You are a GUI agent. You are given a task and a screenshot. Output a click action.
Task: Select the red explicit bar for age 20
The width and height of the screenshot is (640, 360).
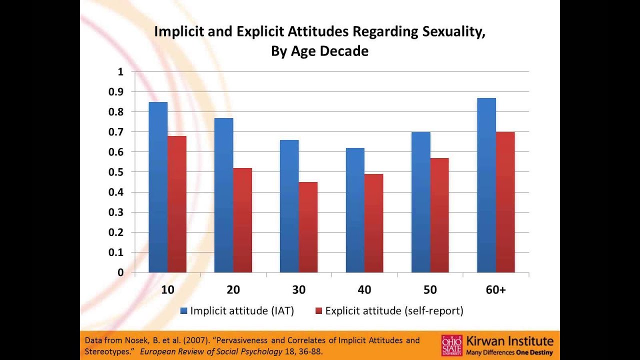point(242,220)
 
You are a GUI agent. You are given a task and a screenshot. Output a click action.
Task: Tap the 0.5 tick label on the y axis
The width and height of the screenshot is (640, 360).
point(116,172)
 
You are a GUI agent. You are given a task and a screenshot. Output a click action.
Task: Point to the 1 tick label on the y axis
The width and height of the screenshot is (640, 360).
point(120,71)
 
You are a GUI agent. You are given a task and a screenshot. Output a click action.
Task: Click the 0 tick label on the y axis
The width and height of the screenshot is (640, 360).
point(120,272)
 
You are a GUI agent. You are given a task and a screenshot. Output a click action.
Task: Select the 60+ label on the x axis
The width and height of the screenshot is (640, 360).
point(495,290)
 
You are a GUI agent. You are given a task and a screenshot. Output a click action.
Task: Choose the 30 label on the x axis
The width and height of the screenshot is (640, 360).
point(298,290)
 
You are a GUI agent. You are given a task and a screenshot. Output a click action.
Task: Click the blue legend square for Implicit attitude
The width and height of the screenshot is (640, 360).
point(184,311)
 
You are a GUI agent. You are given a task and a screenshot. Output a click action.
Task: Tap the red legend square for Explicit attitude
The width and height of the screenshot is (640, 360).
point(318,311)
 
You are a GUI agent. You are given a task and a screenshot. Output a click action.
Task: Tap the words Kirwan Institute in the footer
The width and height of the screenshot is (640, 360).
point(509,341)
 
